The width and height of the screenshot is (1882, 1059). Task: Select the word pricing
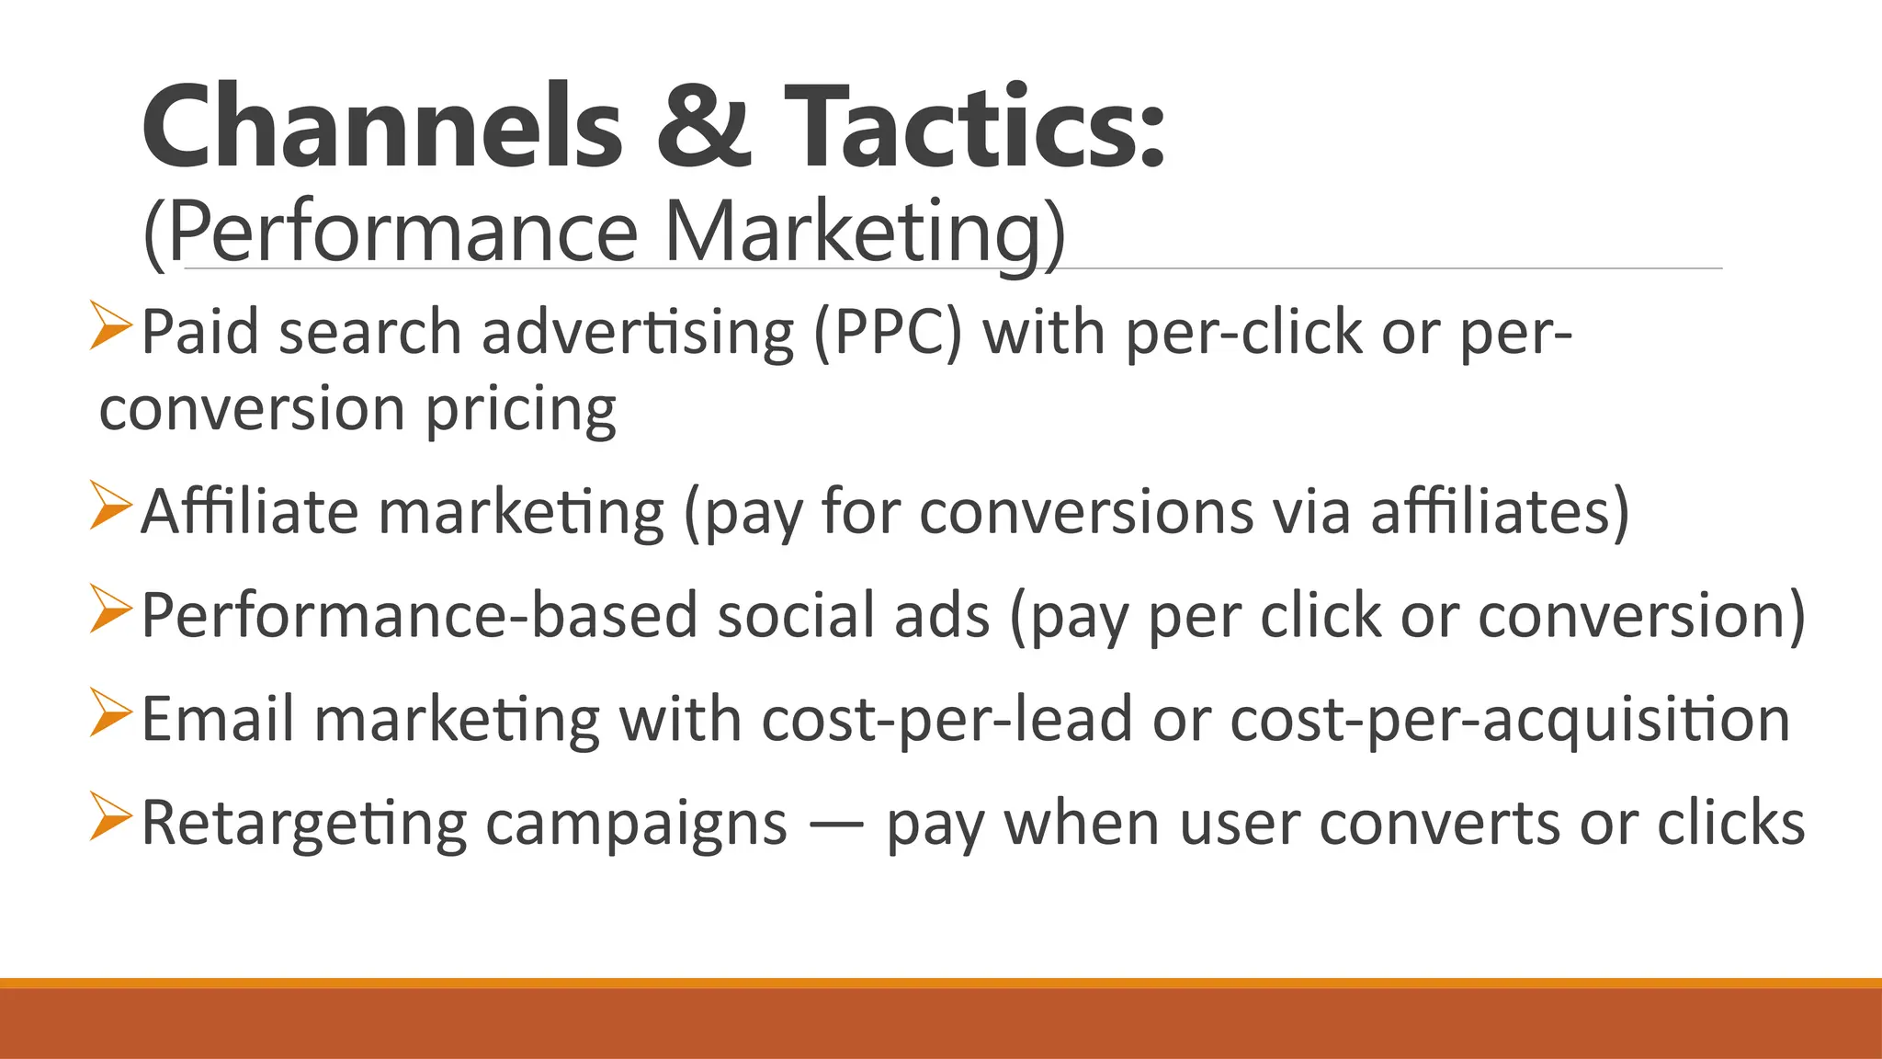[520, 410]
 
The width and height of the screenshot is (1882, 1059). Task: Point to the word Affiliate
[249, 512]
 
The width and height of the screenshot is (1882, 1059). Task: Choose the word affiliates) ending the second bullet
[1500, 512]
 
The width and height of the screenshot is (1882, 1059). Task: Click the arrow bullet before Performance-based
[111, 609]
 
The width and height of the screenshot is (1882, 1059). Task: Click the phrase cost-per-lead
[947, 719]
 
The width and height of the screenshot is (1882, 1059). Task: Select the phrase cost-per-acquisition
[1510, 719]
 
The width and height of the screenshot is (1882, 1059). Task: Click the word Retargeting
[303, 824]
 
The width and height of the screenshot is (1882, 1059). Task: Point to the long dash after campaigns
[836, 824]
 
